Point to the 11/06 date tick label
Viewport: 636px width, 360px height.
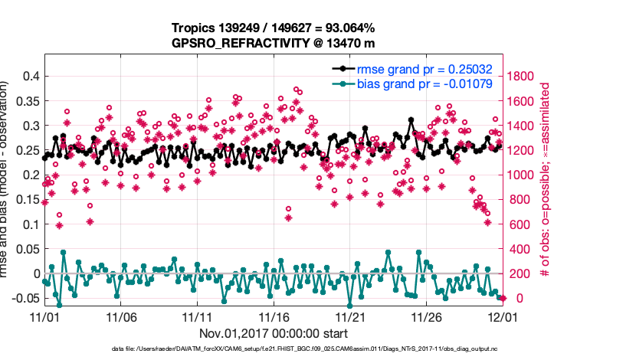[120, 316]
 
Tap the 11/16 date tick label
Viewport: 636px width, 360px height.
[274, 316]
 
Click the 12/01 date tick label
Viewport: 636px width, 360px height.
[503, 316]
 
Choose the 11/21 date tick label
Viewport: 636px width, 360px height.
[350, 316]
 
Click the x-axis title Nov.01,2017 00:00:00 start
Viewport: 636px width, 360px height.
[274, 333]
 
